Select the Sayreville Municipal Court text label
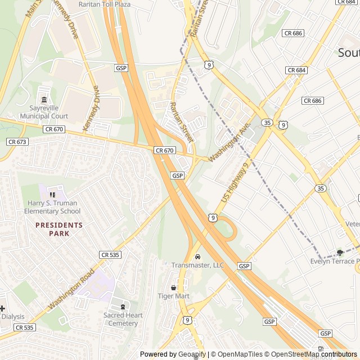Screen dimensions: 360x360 tap(44, 112)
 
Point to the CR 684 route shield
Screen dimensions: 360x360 tap(296, 70)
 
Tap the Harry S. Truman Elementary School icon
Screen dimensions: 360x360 tap(52, 195)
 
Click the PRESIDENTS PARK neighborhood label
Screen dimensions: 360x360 tap(59, 229)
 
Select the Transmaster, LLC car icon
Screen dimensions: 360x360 tap(197, 256)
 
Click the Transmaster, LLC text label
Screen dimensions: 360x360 tap(197, 265)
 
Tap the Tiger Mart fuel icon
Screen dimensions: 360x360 tap(173, 287)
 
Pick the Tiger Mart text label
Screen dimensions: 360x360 tap(173, 296)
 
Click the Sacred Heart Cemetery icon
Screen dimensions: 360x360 tap(123, 307)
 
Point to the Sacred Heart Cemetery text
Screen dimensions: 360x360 tap(123, 319)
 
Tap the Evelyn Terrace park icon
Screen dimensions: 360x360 tap(339, 253)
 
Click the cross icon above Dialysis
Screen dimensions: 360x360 tap(2, 308)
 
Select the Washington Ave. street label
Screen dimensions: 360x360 tap(228, 143)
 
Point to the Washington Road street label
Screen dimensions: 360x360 tap(71, 289)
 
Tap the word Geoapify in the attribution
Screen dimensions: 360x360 tap(192, 354)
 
